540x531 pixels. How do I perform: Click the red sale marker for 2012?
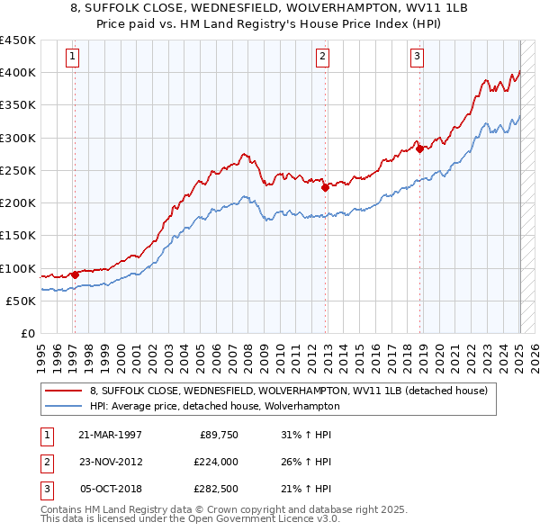click(326, 187)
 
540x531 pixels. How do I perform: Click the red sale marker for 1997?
click(75, 274)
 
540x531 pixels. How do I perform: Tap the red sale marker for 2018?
click(419, 149)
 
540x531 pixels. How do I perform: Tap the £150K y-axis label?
click(17, 236)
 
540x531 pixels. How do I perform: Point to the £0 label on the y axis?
click(28, 334)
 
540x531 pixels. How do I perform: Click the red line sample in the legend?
click(65, 391)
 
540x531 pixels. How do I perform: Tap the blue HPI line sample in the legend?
click(65, 406)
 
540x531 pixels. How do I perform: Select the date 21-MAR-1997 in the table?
click(110, 435)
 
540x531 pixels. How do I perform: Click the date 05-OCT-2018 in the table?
click(110, 490)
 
